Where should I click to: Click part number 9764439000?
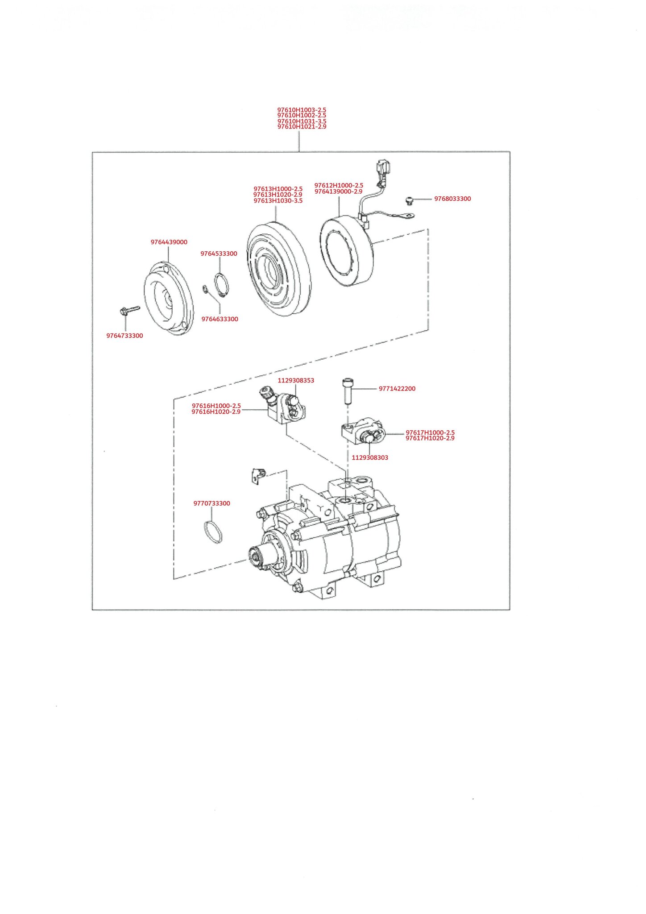click(169, 242)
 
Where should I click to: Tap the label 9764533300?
click(219, 254)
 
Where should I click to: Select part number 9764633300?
click(219, 319)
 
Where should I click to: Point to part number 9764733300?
click(124, 336)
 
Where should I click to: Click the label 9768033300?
click(452, 199)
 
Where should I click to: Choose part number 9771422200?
click(397, 389)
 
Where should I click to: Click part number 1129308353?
click(296, 381)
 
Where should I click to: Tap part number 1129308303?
click(370, 457)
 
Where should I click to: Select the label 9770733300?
click(211, 503)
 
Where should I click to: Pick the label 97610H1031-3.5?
click(302, 121)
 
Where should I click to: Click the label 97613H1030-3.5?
click(278, 201)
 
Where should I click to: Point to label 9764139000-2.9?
click(338, 191)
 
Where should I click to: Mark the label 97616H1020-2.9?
click(216, 412)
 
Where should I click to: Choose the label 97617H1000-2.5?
click(430, 432)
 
